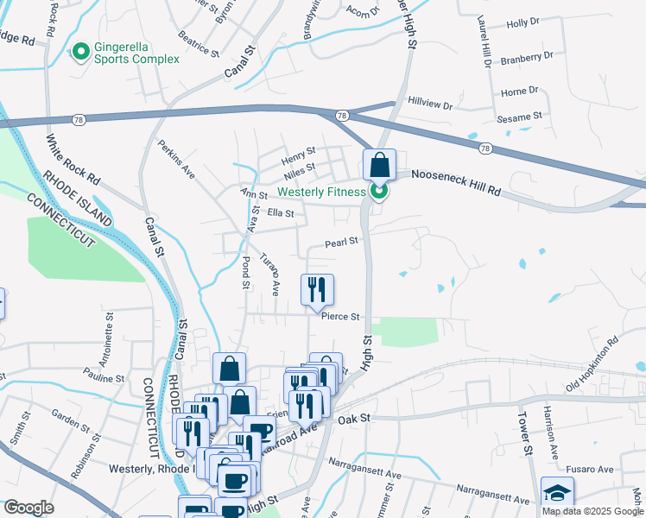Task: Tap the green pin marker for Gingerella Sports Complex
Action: pos(82,53)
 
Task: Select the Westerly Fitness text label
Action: pos(321,192)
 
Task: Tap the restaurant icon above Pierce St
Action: pos(317,289)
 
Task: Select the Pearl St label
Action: pos(341,243)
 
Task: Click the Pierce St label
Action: pos(340,317)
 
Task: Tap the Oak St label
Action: pos(354,418)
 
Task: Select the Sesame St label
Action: pos(519,115)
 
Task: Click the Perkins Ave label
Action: pos(176,160)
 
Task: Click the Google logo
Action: pos(28,508)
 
